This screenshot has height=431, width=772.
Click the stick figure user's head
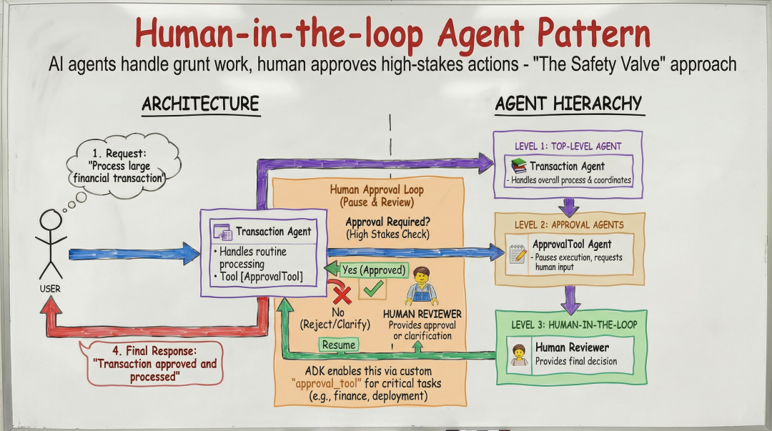(x=51, y=220)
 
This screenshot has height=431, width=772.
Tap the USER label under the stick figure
(x=50, y=289)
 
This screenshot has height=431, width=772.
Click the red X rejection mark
(x=341, y=295)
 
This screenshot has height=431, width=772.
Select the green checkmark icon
(x=373, y=288)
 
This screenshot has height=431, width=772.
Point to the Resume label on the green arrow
(x=339, y=345)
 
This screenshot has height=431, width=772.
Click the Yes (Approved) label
(x=374, y=270)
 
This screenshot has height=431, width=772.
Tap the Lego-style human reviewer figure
(x=422, y=286)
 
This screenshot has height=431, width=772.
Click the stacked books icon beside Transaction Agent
(x=518, y=167)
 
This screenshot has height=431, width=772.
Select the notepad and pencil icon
(x=518, y=254)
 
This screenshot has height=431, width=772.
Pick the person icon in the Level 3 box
(x=518, y=355)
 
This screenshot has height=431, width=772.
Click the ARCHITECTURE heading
(x=200, y=104)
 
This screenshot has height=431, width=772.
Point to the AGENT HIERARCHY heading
(x=569, y=104)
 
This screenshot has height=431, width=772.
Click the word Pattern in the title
(x=594, y=34)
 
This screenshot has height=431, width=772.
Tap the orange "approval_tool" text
(x=327, y=384)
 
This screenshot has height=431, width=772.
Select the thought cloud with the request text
(x=124, y=166)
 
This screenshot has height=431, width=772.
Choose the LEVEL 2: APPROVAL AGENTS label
(x=569, y=225)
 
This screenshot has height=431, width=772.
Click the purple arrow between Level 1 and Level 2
(x=569, y=207)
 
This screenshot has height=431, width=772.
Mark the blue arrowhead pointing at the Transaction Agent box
(x=191, y=254)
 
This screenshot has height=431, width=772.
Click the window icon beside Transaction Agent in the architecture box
(x=222, y=232)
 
